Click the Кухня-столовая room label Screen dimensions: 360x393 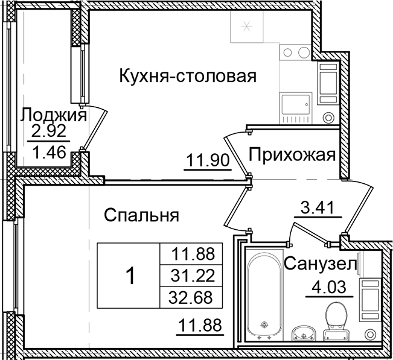pyautogui.click(x=188, y=77)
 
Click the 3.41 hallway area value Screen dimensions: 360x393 pyautogui.click(x=318, y=210)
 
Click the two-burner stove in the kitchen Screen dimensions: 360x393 pyautogui.click(x=296, y=52)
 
